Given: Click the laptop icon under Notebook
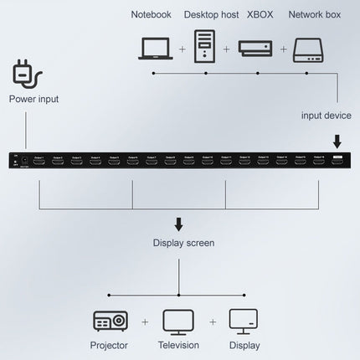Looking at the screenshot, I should tap(157, 49).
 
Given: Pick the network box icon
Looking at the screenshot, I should tap(309, 49).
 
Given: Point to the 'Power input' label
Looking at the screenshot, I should tap(33, 99).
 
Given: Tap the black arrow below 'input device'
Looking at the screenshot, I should tap(337, 140).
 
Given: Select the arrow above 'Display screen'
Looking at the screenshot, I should tap(177, 224).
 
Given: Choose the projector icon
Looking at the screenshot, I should tap(110, 321).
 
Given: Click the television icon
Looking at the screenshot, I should tap(177, 321).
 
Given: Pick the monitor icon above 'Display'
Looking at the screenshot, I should tap(244, 321).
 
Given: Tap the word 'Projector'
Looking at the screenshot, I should tap(110, 345).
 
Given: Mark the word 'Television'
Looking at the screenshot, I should tap(177, 345).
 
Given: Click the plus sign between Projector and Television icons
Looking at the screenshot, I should tap(144, 321).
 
